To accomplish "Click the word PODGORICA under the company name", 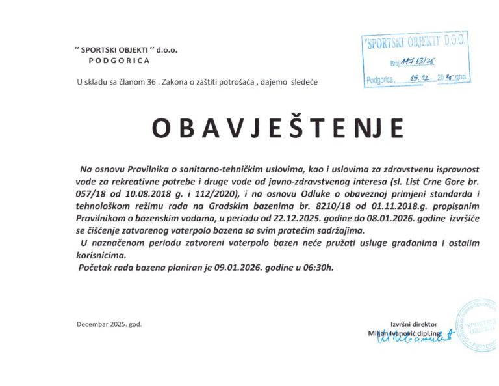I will coord(119,61).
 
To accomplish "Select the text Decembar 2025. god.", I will coord(109,324).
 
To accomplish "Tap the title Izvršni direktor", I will coord(413,324).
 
